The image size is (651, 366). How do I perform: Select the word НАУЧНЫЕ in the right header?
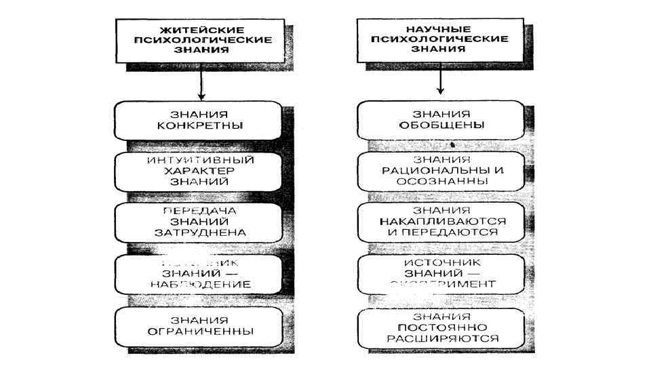point(439,29)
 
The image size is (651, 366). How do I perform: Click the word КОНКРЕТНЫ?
point(200,126)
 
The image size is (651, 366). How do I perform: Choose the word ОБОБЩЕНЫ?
point(441,125)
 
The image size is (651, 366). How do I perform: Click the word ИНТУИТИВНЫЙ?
point(200,161)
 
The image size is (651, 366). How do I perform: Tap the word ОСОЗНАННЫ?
point(441,181)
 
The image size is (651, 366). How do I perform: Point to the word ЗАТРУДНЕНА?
point(200,232)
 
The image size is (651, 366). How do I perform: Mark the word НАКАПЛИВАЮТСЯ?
point(441,222)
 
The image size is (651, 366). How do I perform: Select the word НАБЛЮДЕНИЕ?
point(200,284)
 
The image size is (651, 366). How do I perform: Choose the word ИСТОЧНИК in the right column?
point(441,262)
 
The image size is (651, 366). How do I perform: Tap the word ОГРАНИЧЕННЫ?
point(200,331)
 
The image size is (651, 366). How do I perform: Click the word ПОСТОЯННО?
point(441,327)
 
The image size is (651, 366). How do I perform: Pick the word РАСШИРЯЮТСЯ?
point(441,338)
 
